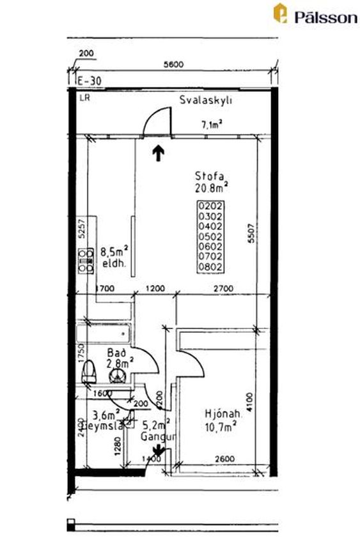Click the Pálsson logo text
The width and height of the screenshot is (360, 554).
324,17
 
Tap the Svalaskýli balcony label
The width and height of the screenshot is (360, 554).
205,100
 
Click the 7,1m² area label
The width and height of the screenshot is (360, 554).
212,125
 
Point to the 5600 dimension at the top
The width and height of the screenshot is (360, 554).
173,64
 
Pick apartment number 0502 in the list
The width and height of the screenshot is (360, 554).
210,236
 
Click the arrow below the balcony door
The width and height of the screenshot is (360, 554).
158,153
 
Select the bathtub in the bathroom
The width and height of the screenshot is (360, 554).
103,334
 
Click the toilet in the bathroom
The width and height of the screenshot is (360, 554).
90,370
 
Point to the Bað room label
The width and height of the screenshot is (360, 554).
116,353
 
